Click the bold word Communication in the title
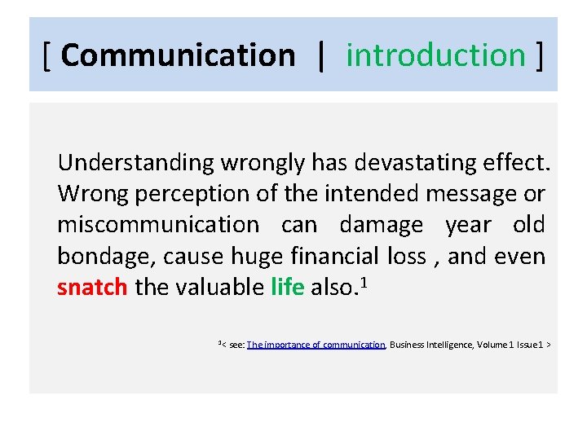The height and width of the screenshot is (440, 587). [178, 55]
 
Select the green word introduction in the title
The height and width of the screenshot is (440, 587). [436, 55]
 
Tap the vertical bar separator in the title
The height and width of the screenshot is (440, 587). [321, 55]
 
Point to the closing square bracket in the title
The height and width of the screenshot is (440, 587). [539, 55]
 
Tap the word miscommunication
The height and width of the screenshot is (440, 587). [157, 225]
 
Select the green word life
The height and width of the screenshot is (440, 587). [287, 288]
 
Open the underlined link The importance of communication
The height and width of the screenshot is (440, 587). [316, 345]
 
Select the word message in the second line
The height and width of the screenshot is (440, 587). [476, 194]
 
